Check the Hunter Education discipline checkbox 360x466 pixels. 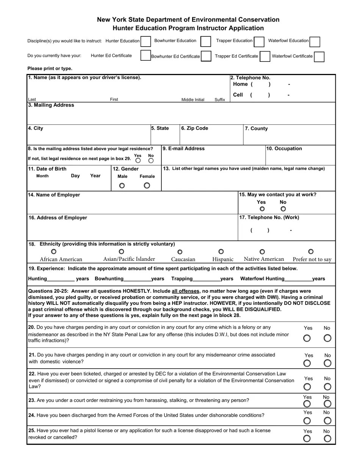(x=146, y=41)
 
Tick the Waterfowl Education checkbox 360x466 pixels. (x=315, y=41)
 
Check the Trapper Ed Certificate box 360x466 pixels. (x=265, y=56)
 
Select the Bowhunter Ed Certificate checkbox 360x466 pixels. (x=206, y=56)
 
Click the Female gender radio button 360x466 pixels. (x=147, y=185)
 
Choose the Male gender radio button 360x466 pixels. (x=122, y=185)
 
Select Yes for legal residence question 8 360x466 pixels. (x=138, y=161)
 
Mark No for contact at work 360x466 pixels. (x=283, y=209)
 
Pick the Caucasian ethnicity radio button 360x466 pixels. (x=180, y=252)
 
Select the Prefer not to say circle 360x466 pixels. (x=311, y=251)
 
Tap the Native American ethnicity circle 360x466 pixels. (x=262, y=252)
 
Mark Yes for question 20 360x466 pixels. (x=307, y=338)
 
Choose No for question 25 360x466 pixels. (x=327, y=439)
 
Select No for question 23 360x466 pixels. (x=327, y=404)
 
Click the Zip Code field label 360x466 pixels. (x=194, y=128)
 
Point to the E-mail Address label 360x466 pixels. (x=183, y=149)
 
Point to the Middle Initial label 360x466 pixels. (x=193, y=100)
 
